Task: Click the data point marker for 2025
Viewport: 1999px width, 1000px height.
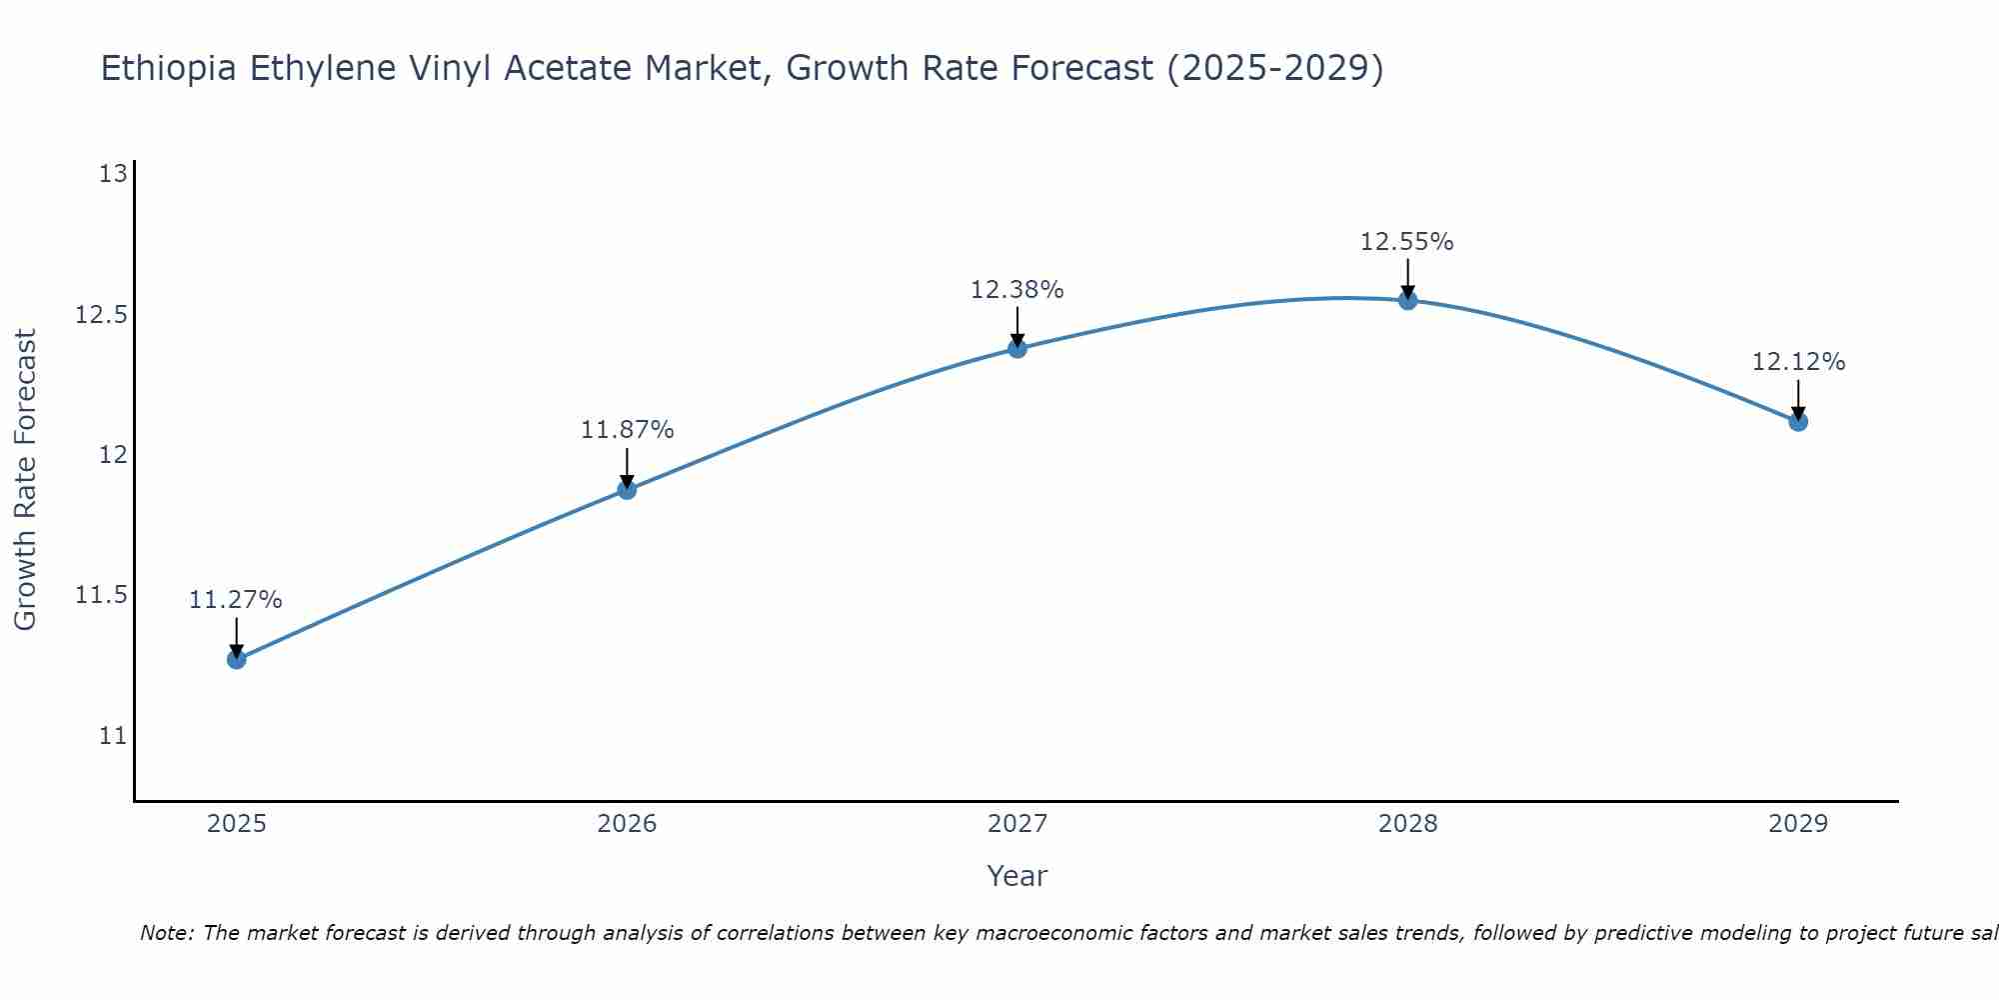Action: (x=237, y=659)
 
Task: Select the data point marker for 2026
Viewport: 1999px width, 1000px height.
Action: (x=627, y=489)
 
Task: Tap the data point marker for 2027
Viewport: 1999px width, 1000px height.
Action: (x=1017, y=348)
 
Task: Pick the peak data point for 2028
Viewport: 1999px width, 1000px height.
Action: (x=1407, y=300)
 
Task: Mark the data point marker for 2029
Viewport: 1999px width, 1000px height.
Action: (x=1798, y=421)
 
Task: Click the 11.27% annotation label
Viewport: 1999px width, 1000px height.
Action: (x=236, y=600)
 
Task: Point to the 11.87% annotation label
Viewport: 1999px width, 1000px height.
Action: (x=627, y=430)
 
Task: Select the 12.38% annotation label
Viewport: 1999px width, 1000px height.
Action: (x=1016, y=290)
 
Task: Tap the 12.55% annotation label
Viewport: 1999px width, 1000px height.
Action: (x=1406, y=242)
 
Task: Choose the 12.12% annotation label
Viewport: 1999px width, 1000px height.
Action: (x=1798, y=362)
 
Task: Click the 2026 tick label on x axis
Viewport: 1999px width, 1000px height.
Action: (x=627, y=824)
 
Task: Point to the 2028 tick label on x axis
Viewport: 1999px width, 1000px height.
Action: (x=1407, y=824)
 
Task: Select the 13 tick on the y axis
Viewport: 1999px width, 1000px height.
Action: (x=114, y=174)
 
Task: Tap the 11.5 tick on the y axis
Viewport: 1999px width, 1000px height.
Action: (x=102, y=596)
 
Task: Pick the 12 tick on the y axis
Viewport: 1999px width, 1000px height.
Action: (x=114, y=455)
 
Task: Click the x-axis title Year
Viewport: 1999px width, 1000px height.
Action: (x=1016, y=876)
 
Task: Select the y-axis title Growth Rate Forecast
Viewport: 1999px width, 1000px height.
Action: (x=25, y=480)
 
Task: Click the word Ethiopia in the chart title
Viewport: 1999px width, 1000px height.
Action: (x=169, y=68)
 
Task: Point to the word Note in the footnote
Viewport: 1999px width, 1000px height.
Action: (x=166, y=933)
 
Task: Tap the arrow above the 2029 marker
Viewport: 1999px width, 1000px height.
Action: (x=1798, y=397)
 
